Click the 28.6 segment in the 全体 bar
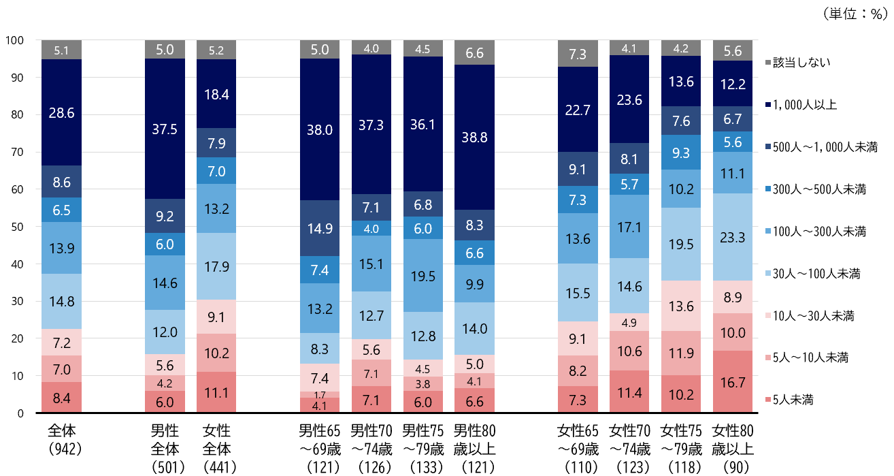61,112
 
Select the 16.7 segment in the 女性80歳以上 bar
732,382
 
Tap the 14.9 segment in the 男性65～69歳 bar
320,228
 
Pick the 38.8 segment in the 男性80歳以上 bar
474,137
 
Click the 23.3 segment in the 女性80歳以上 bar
732,237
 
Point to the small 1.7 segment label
320,395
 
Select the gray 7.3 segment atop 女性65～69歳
578,54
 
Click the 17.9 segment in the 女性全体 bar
216,266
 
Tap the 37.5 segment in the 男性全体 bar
165,129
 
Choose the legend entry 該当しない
798,63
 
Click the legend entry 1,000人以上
801,105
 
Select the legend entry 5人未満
789,400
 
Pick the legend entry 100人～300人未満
816,232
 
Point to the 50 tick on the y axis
17,227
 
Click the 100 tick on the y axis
14,40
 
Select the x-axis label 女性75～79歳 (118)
681,449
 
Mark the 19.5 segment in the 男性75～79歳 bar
423,276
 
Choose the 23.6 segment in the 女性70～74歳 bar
629,99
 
